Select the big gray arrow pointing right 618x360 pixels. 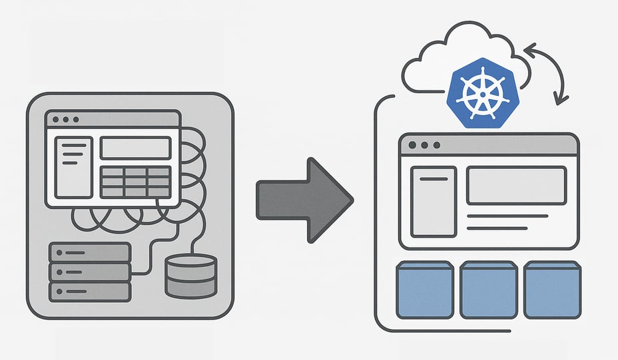click(304, 199)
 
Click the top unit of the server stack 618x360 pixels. click(90, 253)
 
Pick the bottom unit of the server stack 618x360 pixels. click(90, 291)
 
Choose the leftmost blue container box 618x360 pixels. click(425, 289)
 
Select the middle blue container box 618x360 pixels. click(489, 289)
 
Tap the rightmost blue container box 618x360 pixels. click(551, 289)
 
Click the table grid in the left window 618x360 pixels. click(135, 180)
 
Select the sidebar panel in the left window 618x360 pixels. click(73, 167)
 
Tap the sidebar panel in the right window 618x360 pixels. click(433, 202)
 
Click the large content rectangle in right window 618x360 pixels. click(516, 185)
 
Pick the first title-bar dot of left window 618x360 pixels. click(55, 120)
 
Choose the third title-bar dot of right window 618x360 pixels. click(436, 145)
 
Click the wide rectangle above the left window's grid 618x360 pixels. click(135, 148)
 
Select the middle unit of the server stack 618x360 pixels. click(90, 272)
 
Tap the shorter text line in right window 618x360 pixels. click(497, 228)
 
